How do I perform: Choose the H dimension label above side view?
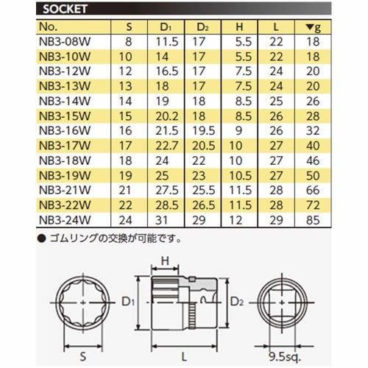166,259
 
